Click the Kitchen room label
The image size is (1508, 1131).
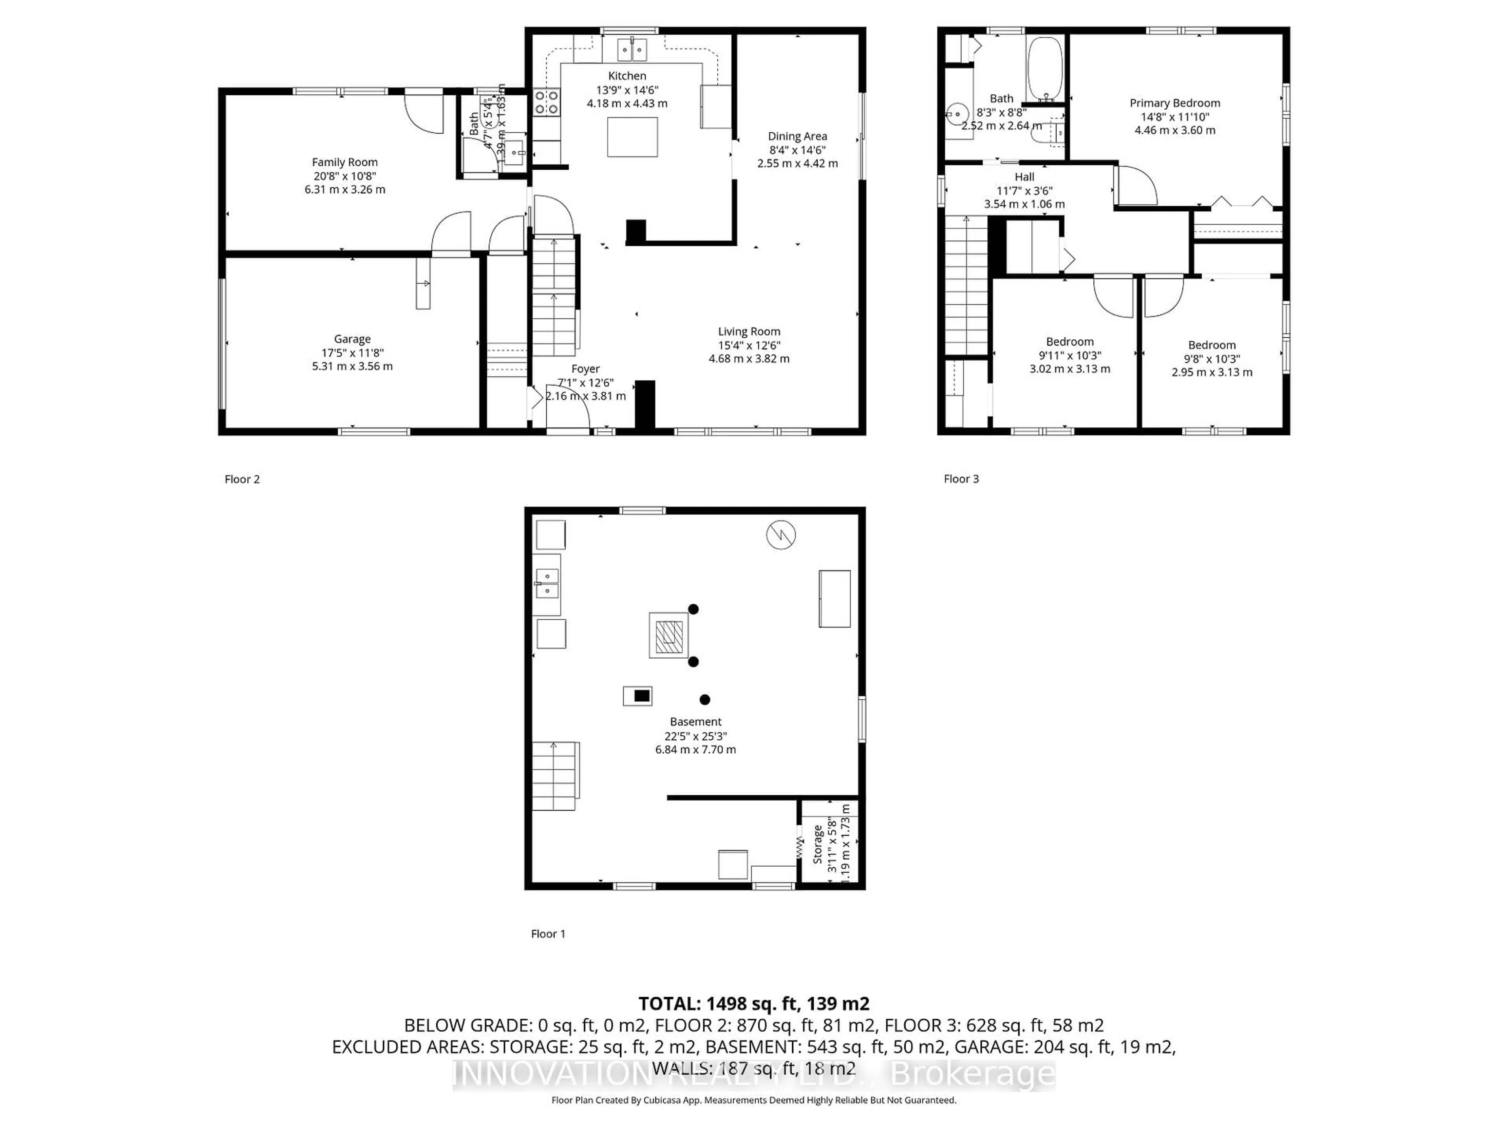pyautogui.click(x=626, y=76)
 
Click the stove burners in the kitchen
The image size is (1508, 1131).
pyautogui.click(x=546, y=102)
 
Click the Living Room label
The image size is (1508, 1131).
pyautogui.click(x=749, y=331)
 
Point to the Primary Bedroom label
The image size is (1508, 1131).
pyautogui.click(x=1174, y=103)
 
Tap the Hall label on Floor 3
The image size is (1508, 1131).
pyautogui.click(x=1024, y=177)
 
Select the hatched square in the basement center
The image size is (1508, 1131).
pyautogui.click(x=668, y=635)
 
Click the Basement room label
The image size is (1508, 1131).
pyautogui.click(x=695, y=721)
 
